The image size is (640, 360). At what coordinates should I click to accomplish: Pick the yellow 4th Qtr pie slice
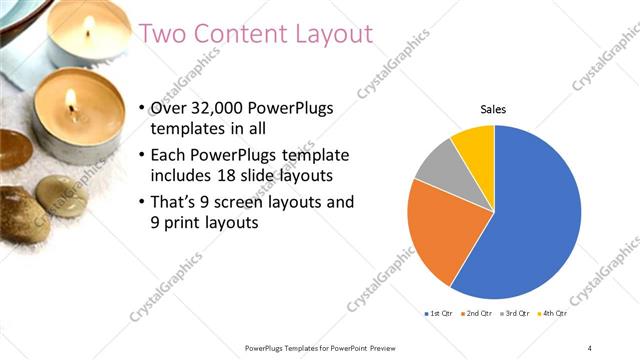(474, 145)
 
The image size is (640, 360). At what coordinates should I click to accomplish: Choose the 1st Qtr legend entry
(440, 313)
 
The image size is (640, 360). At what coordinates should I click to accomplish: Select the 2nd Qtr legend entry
(479, 313)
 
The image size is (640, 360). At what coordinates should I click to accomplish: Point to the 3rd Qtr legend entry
(517, 313)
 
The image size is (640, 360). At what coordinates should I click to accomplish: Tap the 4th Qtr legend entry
(554, 313)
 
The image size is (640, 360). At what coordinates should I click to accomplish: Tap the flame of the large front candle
(72, 101)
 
